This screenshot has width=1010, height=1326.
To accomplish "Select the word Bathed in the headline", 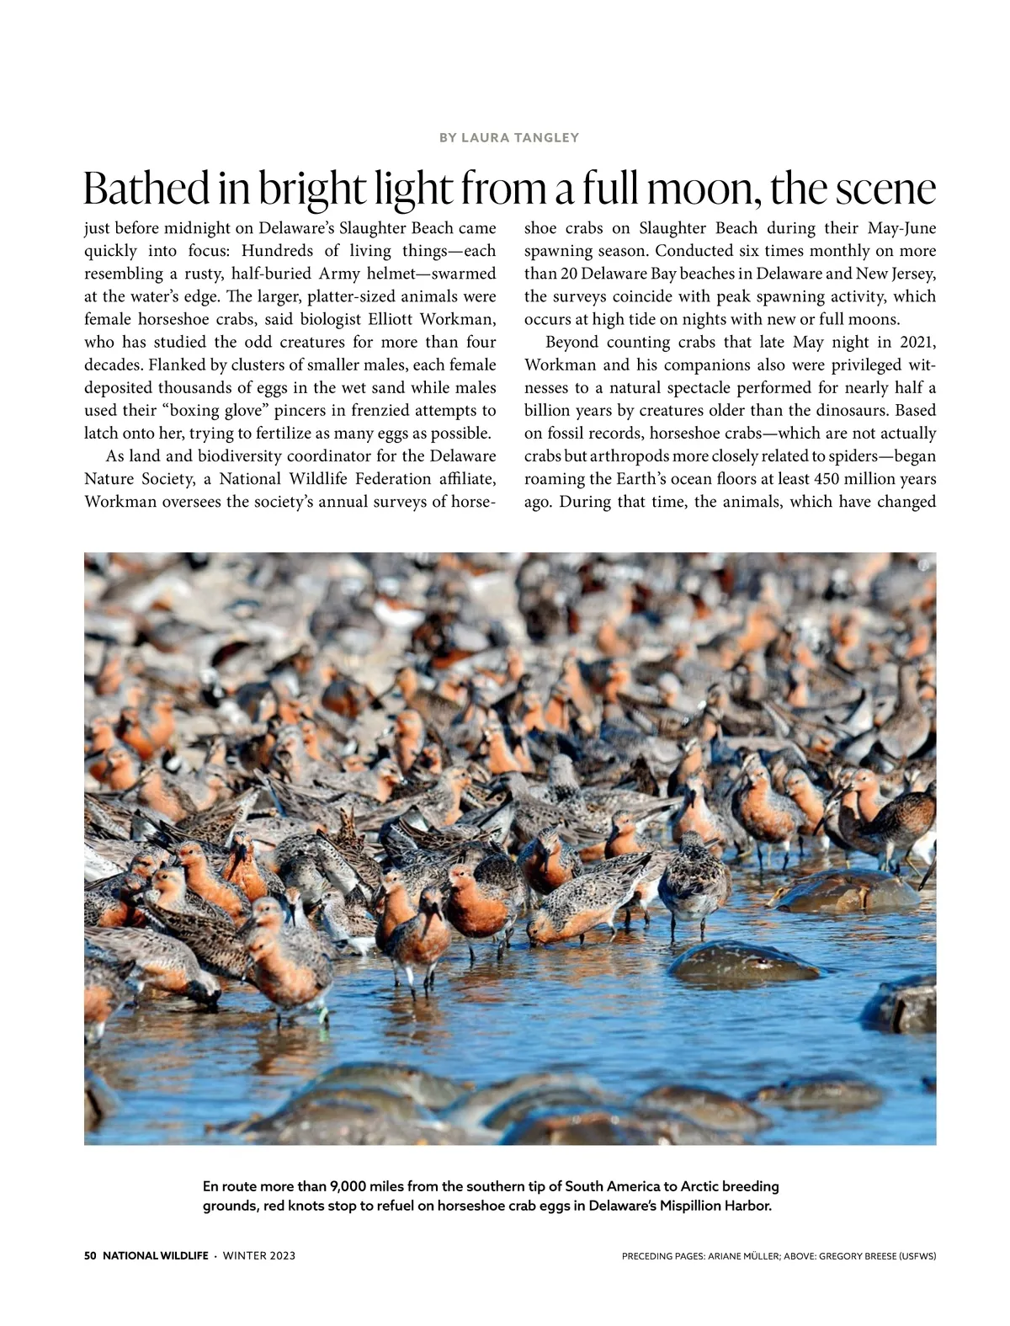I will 146,189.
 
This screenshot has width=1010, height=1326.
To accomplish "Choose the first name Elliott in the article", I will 400,319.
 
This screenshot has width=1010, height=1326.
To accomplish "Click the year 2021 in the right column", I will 917,342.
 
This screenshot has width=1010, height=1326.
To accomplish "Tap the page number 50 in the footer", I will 91,1256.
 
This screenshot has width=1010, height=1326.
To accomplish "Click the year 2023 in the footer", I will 282,1256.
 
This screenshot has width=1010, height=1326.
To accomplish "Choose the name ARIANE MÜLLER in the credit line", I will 743,1256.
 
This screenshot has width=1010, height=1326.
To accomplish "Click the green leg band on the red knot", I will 323,1014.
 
